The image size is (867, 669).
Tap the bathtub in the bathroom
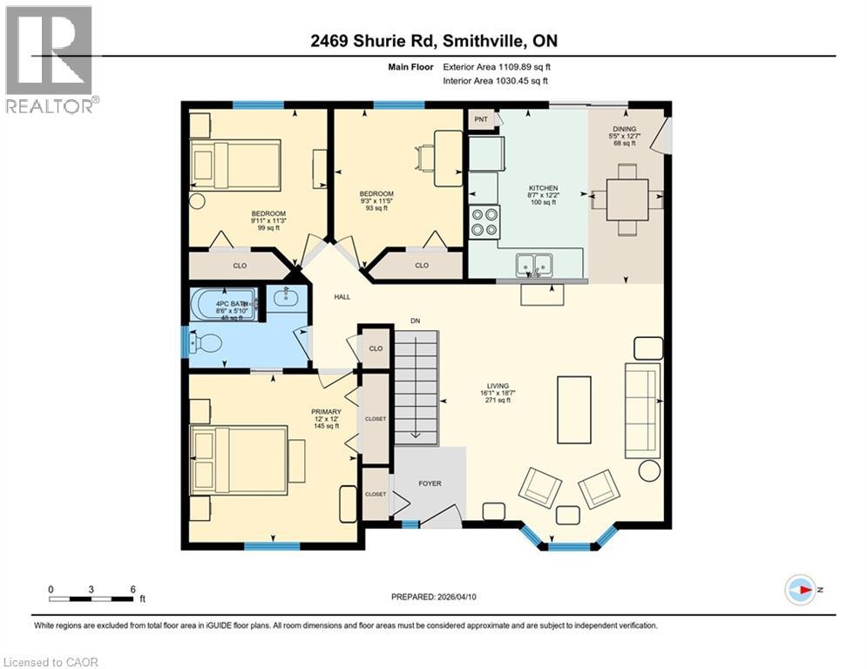[x=222, y=304]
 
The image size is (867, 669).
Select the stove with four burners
[x=485, y=222]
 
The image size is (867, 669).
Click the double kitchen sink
[x=532, y=263]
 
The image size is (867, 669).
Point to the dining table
[x=627, y=199]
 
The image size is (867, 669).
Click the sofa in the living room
[x=642, y=409]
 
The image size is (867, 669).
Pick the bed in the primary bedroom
[x=239, y=459]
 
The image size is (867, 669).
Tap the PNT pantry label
[x=480, y=118]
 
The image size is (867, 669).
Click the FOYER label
[x=430, y=483]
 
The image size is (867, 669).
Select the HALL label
[x=342, y=297]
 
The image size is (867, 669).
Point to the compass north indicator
[x=801, y=590]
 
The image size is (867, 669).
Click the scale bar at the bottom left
[x=91, y=598]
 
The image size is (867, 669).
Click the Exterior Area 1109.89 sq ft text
[x=498, y=66]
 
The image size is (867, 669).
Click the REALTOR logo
[x=50, y=59]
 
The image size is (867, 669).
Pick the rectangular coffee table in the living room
[x=573, y=409]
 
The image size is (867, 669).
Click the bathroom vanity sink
[x=285, y=299]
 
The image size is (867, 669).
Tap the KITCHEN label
[x=544, y=188]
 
